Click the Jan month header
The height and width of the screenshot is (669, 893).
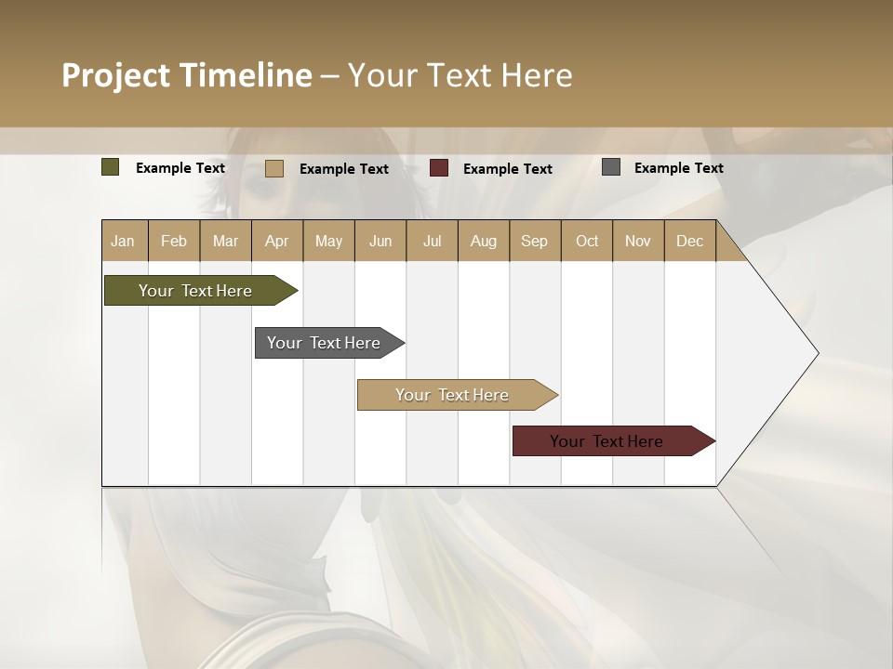tap(123, 241)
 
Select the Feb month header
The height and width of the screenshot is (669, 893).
tap(174, 241)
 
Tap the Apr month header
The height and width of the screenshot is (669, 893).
tap(276, 241)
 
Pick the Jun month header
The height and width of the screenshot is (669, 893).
tap(380, 241)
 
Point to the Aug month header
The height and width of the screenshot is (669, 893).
tap(483, 241)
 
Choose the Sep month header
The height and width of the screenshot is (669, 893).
tap(534, 241)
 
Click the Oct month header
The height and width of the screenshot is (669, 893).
tap(587, 241)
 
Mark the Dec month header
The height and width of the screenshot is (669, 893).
tap(689, 241)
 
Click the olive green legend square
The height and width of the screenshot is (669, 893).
tap(110, 167)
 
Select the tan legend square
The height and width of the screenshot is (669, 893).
tap(274, 168)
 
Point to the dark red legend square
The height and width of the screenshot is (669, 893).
tap(439, 168)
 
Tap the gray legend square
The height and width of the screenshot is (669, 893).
tap(611, 167)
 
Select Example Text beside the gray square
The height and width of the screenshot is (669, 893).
tap(678, 167)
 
